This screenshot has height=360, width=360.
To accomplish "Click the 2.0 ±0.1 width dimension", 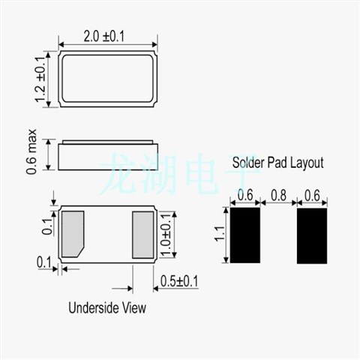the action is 104,37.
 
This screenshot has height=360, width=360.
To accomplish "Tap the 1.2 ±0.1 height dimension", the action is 40,79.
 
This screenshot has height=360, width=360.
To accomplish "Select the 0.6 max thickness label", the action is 31,151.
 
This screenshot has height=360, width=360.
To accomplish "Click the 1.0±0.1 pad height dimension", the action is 166,235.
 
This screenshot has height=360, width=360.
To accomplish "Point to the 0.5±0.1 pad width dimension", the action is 179,281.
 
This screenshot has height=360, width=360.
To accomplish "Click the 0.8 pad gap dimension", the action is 278,195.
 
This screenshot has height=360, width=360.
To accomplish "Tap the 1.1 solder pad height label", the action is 220,234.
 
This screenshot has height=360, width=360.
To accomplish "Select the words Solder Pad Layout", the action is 278,163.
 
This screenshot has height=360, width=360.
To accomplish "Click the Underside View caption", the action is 107,307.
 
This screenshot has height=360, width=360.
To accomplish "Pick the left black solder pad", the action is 245,235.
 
